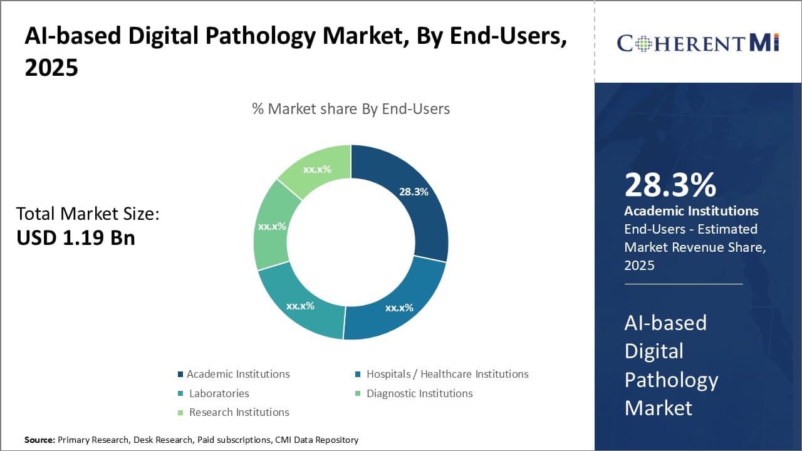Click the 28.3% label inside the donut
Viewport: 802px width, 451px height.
pos(414,192)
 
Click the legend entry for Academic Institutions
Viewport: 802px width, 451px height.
pos(237,374)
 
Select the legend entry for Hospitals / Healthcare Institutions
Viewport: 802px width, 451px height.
pos(447,374)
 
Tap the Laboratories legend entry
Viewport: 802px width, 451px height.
pos(219,393)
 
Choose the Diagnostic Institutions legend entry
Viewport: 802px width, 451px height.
pos(419,393)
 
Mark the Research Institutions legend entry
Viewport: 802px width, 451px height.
pos(239,412)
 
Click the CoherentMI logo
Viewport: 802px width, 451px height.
pos(697,43)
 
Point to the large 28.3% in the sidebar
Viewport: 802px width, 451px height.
pos(670,185)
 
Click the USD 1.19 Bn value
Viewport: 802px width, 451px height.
pos(75,237)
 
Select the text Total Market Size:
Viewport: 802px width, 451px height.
pos(88,214)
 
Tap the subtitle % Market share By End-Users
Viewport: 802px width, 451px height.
pos(351,109)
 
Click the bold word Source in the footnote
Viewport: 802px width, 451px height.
pos(39,440)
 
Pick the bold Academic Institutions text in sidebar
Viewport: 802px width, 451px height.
pos(691,211)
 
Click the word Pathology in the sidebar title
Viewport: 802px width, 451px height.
pos(670,380)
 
